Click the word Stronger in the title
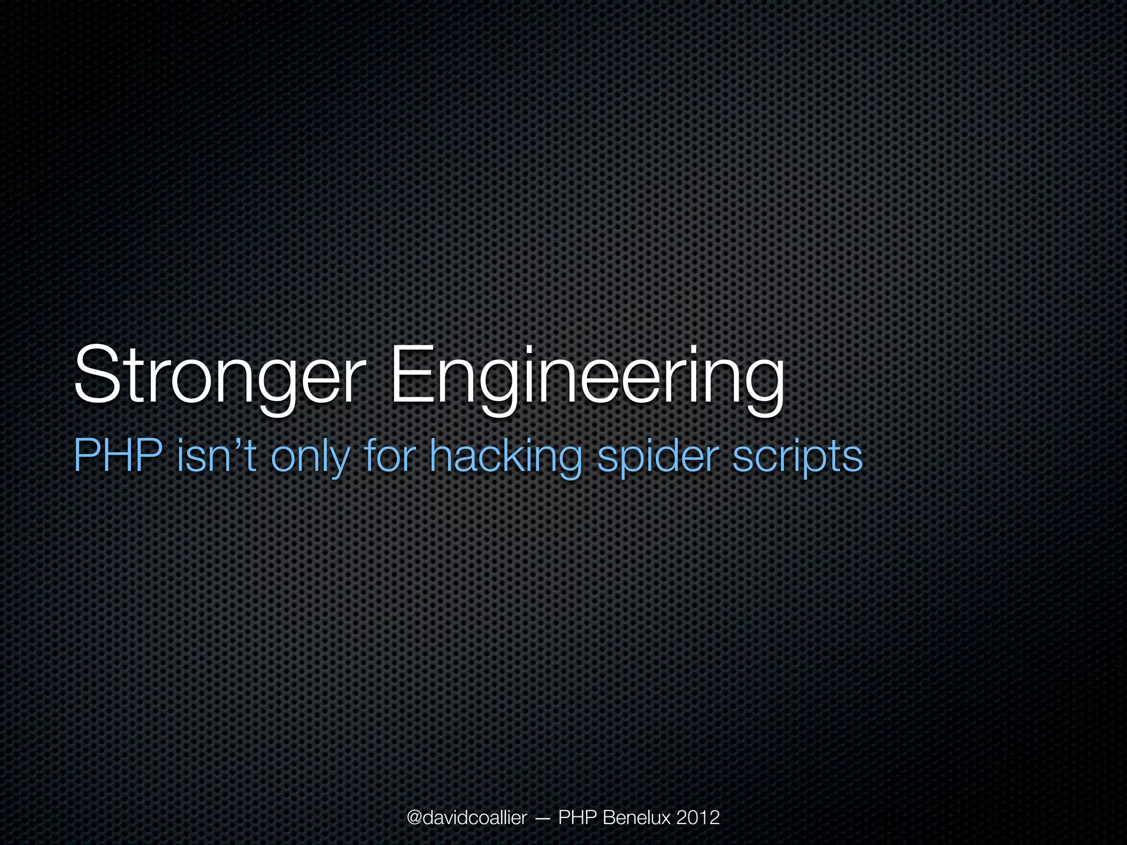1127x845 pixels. click(x=218, y=375)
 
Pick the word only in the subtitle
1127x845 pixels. click(x=310, y=457)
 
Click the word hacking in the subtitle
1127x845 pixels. click(x=505, y=457)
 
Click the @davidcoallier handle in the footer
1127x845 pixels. click(x=467, y=818)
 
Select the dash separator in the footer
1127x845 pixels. click(x=541, y=819)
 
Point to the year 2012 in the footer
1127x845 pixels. click(x=698, y=818)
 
